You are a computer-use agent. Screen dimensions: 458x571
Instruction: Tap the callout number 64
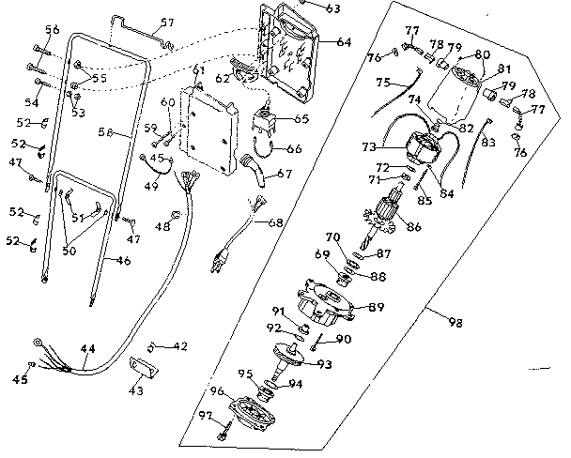coord(343,42)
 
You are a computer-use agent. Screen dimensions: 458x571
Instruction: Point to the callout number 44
coord(87,348)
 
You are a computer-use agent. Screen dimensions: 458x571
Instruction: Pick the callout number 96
coord(216,392)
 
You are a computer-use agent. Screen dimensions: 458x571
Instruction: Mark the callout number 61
coord(197,71)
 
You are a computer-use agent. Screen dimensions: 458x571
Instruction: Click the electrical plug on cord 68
coord(221,261)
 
